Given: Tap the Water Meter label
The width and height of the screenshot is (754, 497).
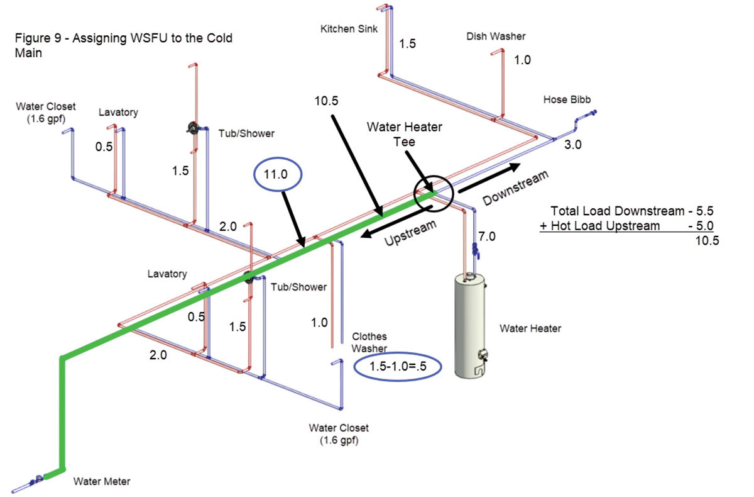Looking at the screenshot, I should pyautogui.click(x=102, y=482).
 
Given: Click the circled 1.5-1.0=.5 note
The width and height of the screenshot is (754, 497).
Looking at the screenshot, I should pyautogui.click(x=397, y=366).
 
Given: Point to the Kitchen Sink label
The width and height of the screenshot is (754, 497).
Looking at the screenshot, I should pyautogui.click(x=349, y=29).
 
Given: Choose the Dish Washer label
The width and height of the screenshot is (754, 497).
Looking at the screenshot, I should pyautogui.click(x=496, y=36).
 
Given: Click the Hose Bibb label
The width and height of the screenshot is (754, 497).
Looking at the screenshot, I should pyautogui.click(x=567, y=100).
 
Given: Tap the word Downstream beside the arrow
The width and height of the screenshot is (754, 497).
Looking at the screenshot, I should pyautogui.click(x=515, y=187).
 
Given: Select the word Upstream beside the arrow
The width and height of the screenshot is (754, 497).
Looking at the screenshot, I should pyautogui.click(x=410, y=233).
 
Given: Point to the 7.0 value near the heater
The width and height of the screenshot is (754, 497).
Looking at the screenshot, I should pyautogui.click(x=487, y=237).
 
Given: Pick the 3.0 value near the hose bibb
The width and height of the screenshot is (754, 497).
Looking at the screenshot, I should pyautogui.click(x=572, y=145).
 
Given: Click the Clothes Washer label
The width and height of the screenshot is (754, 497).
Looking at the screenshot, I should pyautogui.click(x=369, y=342).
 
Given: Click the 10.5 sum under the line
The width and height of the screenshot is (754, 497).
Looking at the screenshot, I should pyautogui.click(x=707, y=240).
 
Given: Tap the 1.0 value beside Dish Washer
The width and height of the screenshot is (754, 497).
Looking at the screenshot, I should pyautogui.click(x=522, y=60).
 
